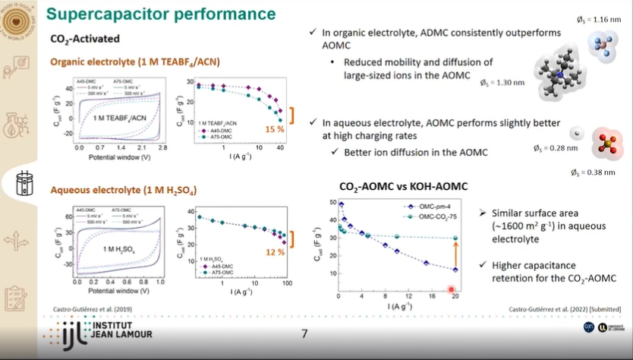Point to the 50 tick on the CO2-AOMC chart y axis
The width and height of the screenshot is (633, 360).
[x=331, y=202]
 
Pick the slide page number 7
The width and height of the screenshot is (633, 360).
[x=304, y=333]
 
